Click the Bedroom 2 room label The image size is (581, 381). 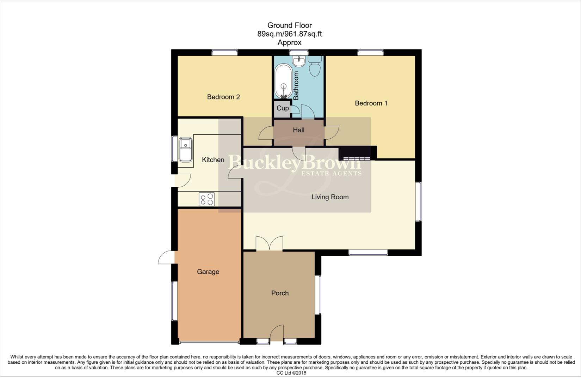pyautogui.click(x=223, y=97)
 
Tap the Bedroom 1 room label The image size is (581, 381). pyautogui.click(x=371, y=103)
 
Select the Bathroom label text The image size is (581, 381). pyautogui.click(x=296, y=85)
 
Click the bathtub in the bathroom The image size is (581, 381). pyautogui.click(x=283, y=81)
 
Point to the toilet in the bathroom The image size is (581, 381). pyautogui.click(x=315, y=66)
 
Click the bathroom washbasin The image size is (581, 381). pyautogui.click(x=299, y=61)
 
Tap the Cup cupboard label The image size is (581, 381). pyautogui.click(x=282, y=108)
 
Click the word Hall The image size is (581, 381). pyautogui.click(x=298, y=130)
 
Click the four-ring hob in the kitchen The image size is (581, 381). pyautogui.click(x=206, y=199)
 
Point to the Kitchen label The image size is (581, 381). pyautogui.click(x=213, y=160)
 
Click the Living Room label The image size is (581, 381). pyautogui.click(x=330, y=197)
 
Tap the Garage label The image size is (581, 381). pyautogui.click(x=208, y=272)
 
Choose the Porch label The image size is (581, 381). pyautogui.click(x=280, y=293)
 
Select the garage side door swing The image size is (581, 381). pyautogui.click(x=166, y=258)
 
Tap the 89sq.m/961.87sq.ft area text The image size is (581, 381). pyautogui.click(x=289, y=34)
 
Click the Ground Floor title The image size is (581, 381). pyautogui.click(x=289, y=25)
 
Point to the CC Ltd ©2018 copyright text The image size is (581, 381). pyautogui.click(x=291, y=373)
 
